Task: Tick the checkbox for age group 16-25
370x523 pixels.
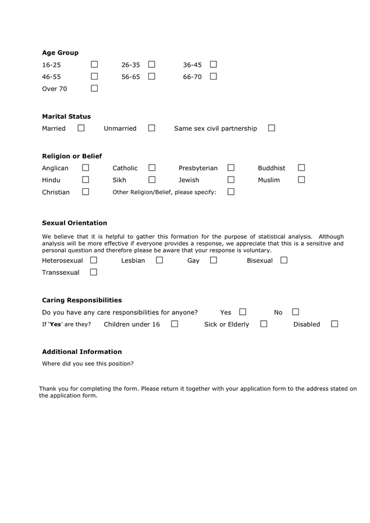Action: [x=94, y=65]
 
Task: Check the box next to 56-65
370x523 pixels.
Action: [x=151, y=76]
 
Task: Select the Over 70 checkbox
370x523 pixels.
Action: [x=94, y=88]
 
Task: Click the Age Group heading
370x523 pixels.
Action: [x=60, y=53]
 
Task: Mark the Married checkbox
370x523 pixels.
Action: [x=81, y=128]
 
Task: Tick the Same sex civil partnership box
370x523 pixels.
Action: [x=271, y=128]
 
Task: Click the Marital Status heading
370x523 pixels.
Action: [x=66, y=116]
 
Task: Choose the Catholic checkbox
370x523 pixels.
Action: [x=152, y=168]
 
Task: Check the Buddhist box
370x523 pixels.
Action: [x=301, y=168]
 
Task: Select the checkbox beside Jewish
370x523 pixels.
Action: [x=231, y=180]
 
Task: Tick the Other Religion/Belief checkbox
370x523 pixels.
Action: [x=231, y=192]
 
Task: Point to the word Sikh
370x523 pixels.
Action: [x=119, y=180]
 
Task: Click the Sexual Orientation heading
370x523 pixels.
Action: [x=74, y=223]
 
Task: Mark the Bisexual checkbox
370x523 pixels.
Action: [x=284, y=260]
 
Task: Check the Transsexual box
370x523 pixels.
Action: [x=94, y=272]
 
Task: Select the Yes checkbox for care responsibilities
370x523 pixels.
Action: [x=243, y=312]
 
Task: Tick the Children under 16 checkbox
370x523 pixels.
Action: [x=175, y=324]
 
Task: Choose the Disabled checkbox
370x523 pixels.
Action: [x=335, y=324]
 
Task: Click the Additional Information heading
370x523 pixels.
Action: [x=82, y=352]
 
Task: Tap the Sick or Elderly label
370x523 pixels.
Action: [x=226, y=324]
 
